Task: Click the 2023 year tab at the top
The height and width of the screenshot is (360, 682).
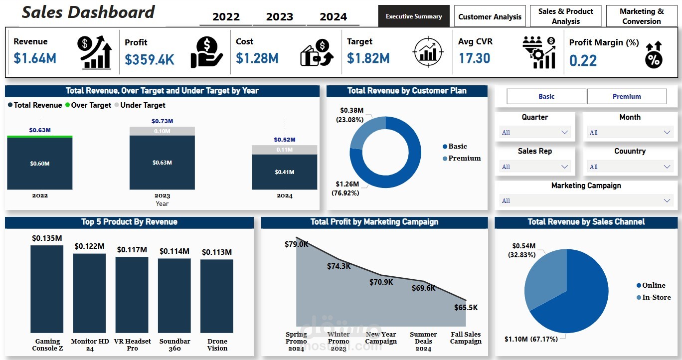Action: coord(279,17)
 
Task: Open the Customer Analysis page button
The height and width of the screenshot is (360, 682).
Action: coord(490,16)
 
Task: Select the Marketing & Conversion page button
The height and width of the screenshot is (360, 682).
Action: coord(641,16)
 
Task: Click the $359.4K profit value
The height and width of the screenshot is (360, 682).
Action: coord(149,60)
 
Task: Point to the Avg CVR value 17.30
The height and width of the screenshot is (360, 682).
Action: coord(474,58)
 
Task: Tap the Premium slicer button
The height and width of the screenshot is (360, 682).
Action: coord(627,96)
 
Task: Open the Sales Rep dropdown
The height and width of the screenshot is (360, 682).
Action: coord(534,167)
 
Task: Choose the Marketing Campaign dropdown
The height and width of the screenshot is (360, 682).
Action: coord(586,200)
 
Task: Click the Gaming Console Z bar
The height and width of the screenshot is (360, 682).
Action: coord(47,289)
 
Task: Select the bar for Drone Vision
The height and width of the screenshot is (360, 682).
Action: coord(217,296)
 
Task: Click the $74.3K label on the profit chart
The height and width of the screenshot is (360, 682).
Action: coord(339,266)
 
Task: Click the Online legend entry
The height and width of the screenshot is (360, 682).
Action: coord(653,285)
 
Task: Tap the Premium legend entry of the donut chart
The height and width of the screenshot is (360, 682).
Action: coord(464,158)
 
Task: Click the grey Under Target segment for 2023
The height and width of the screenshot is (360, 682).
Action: coord(162,131)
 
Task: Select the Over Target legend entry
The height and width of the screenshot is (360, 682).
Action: coord(91,105)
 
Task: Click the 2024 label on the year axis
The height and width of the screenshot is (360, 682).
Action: coord(285,195)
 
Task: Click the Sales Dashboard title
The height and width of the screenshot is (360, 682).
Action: coord(88,12)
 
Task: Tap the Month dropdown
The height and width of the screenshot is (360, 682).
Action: coord(630,132)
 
